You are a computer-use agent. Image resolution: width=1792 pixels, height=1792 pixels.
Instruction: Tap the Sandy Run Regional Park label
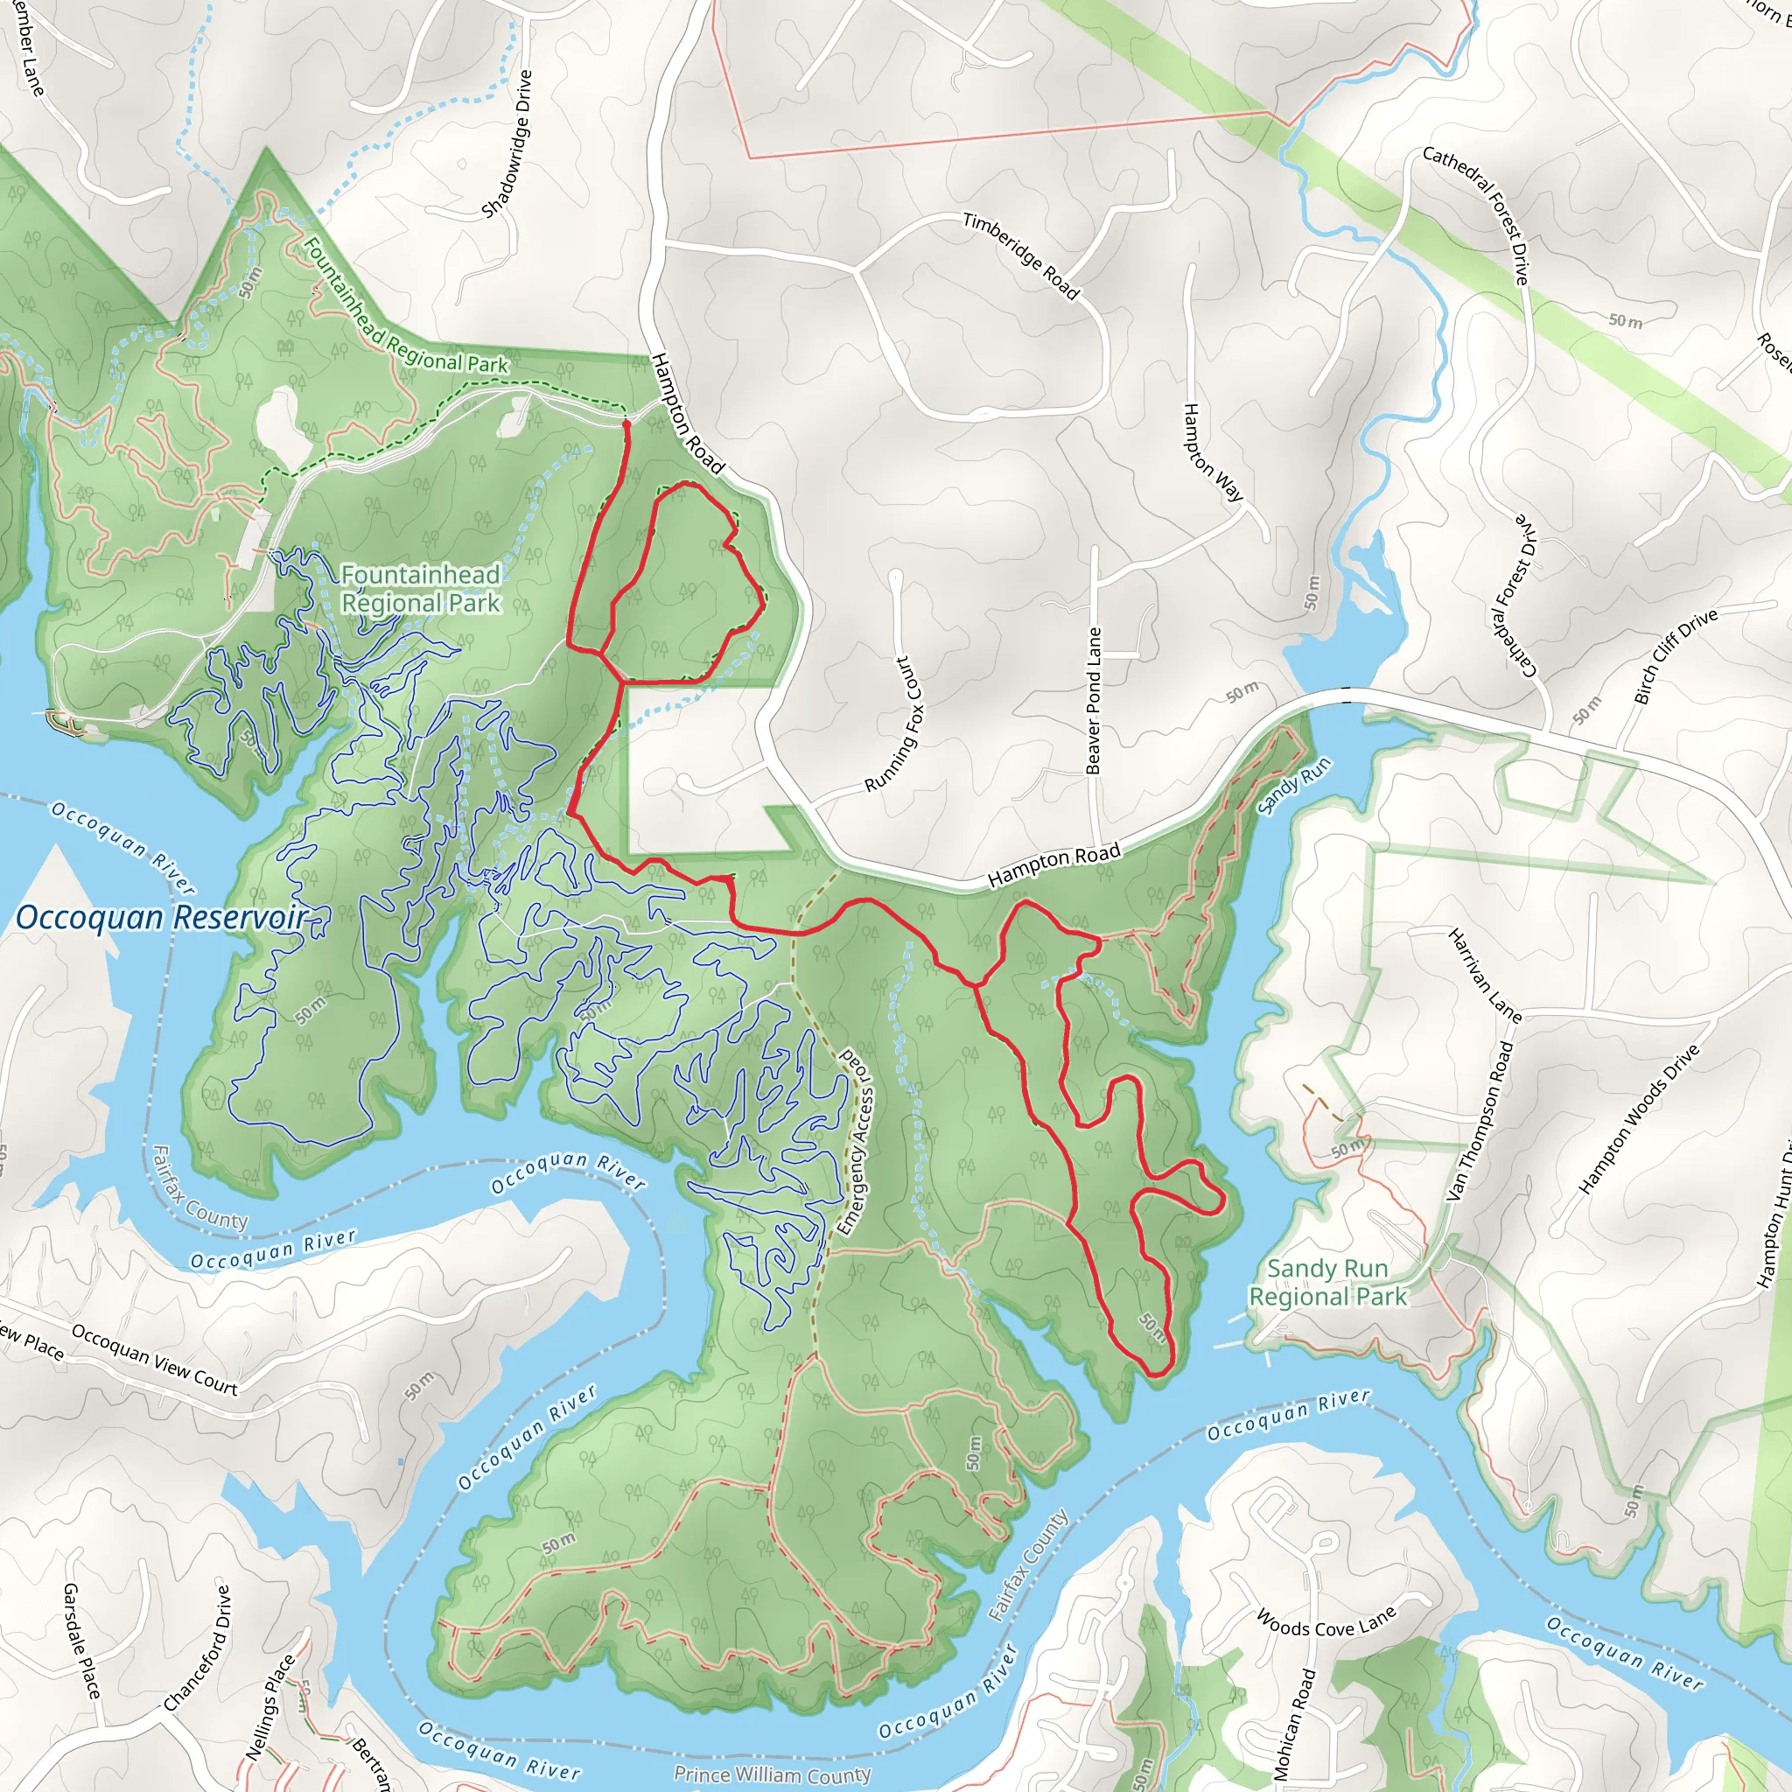[1327, 1283]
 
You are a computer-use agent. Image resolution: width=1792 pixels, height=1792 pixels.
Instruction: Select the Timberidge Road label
[1021, 256]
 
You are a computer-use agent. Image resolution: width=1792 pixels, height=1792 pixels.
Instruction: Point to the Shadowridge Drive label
[507, 143]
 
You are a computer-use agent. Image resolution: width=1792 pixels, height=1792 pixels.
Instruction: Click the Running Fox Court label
[895, 724]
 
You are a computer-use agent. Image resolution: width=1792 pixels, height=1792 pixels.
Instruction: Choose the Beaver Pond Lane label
[1094, 701]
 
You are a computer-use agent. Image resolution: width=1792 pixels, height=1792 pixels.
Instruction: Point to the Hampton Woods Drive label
[1639, 1117]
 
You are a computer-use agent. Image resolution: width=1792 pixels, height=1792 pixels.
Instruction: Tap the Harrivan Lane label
[1485, 976]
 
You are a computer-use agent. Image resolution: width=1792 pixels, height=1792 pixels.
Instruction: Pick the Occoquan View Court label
[155, 1361]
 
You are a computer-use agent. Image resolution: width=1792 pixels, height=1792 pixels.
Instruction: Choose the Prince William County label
[772, 1774]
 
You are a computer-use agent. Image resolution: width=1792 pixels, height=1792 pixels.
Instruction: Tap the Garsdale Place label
[80, 1641]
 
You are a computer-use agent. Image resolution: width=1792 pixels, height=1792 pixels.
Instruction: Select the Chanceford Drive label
[197, 1648]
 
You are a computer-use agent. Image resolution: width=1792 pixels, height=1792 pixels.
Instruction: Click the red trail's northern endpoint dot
[626, 423]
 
